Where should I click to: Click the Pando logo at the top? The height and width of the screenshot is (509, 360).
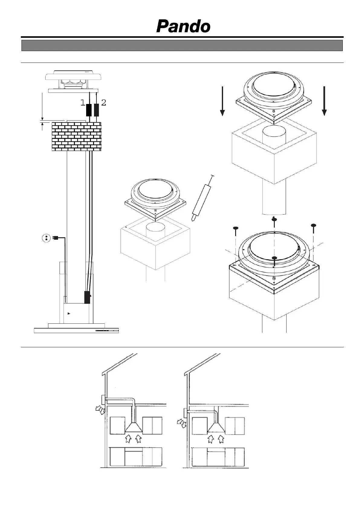click(x=183, y=26)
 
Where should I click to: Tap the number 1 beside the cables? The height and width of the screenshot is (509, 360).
click(x=83, y=103)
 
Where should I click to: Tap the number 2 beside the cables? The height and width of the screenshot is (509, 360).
click(x=104, y=102)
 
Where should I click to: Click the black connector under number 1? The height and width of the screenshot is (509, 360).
click(x=89, y=110)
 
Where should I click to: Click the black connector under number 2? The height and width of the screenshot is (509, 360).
click(x=97, y=110)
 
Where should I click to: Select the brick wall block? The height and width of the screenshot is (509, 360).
click(x=76, y=136)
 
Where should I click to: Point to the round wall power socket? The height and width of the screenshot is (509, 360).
click(x=46, y=238)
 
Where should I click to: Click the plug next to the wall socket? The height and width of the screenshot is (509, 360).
click(x=55, y=238)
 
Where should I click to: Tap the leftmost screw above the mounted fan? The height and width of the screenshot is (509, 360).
click(x=235, y=228)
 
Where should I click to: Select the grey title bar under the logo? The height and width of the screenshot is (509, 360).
click(x=182, y=46)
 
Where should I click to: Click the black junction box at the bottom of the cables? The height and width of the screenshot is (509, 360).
click(x=87, y=297)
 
